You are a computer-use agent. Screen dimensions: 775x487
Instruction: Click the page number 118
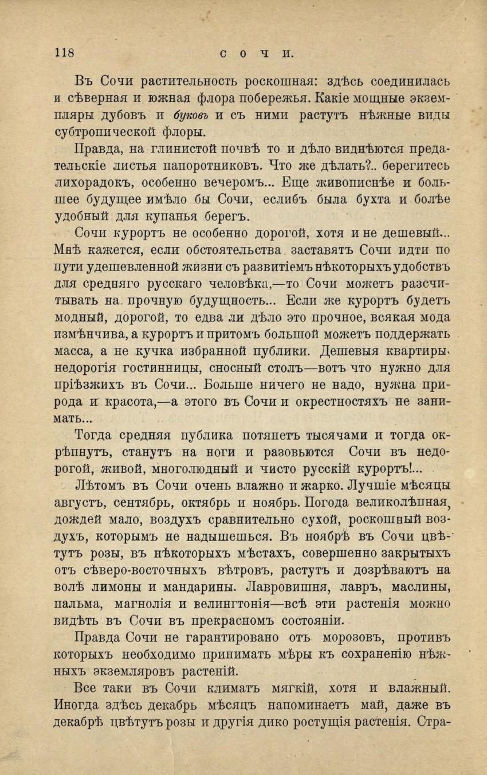[x=65, y=53]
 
